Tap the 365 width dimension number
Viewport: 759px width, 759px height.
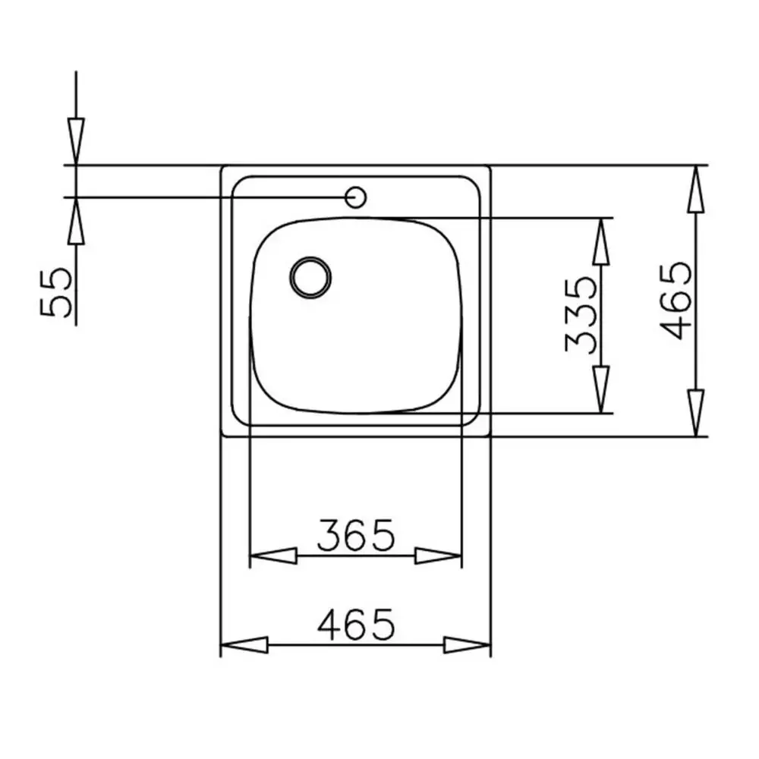click(356, 535)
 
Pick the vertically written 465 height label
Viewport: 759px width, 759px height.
click(675, 301)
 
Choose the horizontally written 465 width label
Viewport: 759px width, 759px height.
click(356, 625)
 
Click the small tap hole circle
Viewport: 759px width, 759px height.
click(355, 197)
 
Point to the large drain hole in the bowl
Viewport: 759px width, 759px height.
click(310, 277)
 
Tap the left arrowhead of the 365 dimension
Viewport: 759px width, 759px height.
click(272, 556)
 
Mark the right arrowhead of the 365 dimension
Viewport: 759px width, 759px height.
click(439, 556)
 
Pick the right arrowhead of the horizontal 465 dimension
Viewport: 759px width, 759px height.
click(468, 645)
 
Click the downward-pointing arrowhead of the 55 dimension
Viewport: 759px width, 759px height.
click(76, 141)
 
